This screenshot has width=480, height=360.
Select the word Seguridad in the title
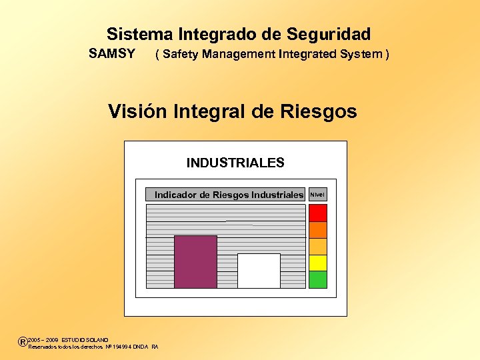[329, 34]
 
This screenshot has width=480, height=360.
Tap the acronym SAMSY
[112, 53]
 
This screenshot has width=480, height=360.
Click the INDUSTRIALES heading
[235, 163]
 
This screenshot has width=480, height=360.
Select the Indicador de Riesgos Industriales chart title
[229, 195]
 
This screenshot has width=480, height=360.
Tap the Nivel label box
[318, 195]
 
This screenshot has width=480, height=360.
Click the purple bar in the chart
[195, 261]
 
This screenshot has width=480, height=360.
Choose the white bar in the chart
[259, 271]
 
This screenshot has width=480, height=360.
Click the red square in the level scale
[318, 213]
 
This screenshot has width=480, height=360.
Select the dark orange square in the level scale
[318, 229]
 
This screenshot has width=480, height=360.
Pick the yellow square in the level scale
[318, 263]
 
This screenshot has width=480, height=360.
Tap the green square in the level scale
[318, 279]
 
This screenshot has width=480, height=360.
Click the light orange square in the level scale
[318, 246]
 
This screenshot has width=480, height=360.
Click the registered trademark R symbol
[23, 342]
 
